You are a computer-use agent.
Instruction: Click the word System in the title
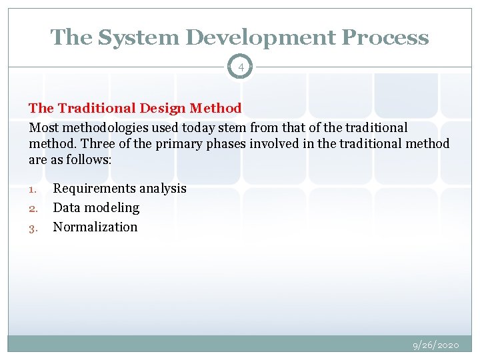[129, 37]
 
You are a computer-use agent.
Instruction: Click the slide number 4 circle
[240, 67]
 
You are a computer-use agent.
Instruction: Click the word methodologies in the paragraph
[99, 127]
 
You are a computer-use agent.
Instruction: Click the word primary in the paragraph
[177, 143]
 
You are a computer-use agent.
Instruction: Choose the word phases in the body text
[224, 143]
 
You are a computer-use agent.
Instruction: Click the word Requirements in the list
[94, 189]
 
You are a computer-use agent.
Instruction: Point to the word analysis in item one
[163, 189]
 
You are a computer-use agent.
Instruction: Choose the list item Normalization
[95, 227]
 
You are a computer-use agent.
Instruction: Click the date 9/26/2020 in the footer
[436, 345]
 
